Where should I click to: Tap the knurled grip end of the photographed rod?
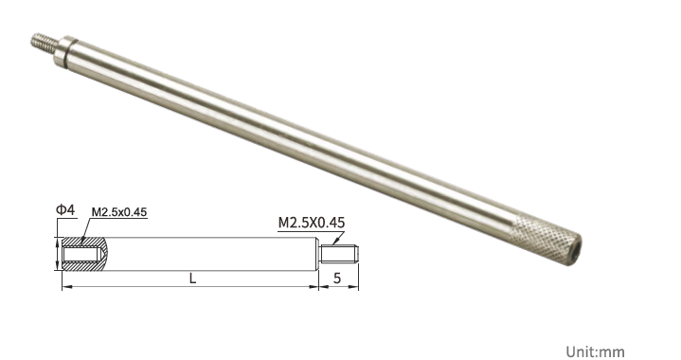tap(547, 239)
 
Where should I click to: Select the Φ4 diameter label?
tap(65, 210)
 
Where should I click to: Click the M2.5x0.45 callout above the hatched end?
tap(119, 212)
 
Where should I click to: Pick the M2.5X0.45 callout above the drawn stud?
tap(312, 223)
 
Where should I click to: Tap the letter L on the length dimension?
tap(193, 279)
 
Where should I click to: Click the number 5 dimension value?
tap(337, 279)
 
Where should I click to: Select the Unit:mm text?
tap(596, 351)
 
